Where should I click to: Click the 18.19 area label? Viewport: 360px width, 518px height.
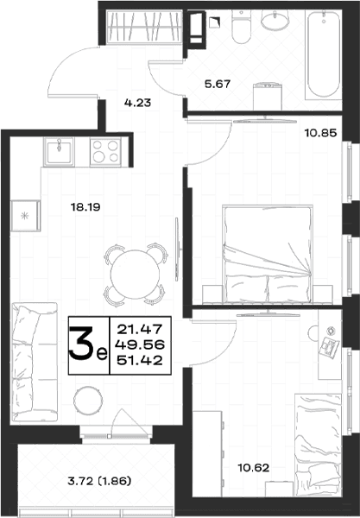click(85, 207)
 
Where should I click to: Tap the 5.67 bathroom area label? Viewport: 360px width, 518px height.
click(218, 84)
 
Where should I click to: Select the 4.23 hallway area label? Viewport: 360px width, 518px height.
click(138, 103)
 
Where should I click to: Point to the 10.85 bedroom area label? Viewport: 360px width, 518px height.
click(320, 133)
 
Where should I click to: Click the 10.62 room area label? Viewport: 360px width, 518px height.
click(253, 468)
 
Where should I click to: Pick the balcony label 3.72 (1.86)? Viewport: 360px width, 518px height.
click(99, 481)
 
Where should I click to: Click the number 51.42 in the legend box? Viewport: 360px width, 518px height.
click(140, 360)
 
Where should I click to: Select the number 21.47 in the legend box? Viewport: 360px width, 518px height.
click(140, 329)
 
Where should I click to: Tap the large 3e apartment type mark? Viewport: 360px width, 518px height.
click(88, 345)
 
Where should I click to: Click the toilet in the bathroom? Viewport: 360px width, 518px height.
click(242, 27)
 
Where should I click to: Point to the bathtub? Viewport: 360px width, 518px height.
click(324, 54)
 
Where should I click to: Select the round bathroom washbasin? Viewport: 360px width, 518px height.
click(275, 19)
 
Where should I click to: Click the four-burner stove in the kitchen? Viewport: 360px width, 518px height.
click(105, 152)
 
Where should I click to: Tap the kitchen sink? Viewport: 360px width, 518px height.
click(59, 152)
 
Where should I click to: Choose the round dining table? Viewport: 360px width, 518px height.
click(135, 275)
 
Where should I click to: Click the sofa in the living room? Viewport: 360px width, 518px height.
click(35, 362)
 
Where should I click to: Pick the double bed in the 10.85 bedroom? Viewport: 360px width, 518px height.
click(268, 254)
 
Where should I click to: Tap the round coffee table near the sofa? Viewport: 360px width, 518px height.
click(88, 401)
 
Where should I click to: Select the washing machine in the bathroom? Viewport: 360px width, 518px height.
click(268, 97)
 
